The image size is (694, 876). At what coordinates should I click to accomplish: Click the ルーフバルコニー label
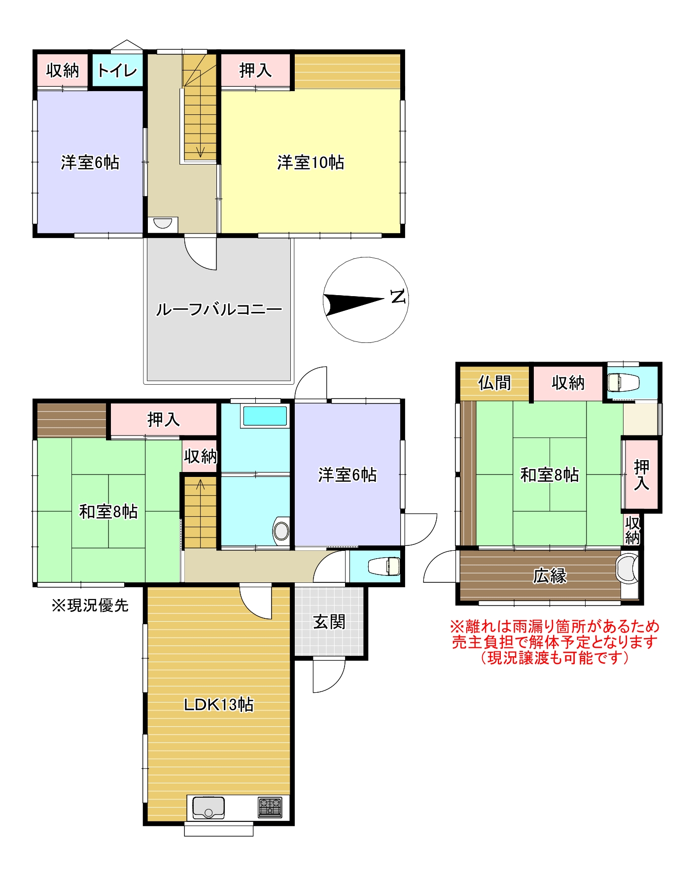click(218, 309)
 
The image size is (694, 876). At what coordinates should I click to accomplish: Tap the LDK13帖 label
click(218, 704)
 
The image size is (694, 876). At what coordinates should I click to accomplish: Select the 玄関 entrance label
click(329, 622)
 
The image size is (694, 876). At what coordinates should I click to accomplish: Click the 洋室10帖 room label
click(311, 162)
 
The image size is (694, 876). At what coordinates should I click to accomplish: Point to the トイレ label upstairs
click(117, 70)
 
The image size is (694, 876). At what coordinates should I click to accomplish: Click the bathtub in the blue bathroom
click(265, 416)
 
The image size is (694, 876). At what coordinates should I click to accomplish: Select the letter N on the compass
click(397, 297)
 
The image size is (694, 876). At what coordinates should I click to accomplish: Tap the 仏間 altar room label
click(494, 382)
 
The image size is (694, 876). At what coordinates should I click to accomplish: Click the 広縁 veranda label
click(549, 575)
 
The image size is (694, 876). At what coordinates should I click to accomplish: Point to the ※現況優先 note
click(90, 605)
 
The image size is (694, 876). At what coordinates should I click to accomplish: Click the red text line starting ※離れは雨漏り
click(554, 627)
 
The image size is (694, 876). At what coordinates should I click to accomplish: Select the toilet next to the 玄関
click(384, 566)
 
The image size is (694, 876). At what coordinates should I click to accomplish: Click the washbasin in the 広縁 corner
click(627, 568)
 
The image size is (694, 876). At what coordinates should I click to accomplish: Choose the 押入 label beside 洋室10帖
click(255, 70)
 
